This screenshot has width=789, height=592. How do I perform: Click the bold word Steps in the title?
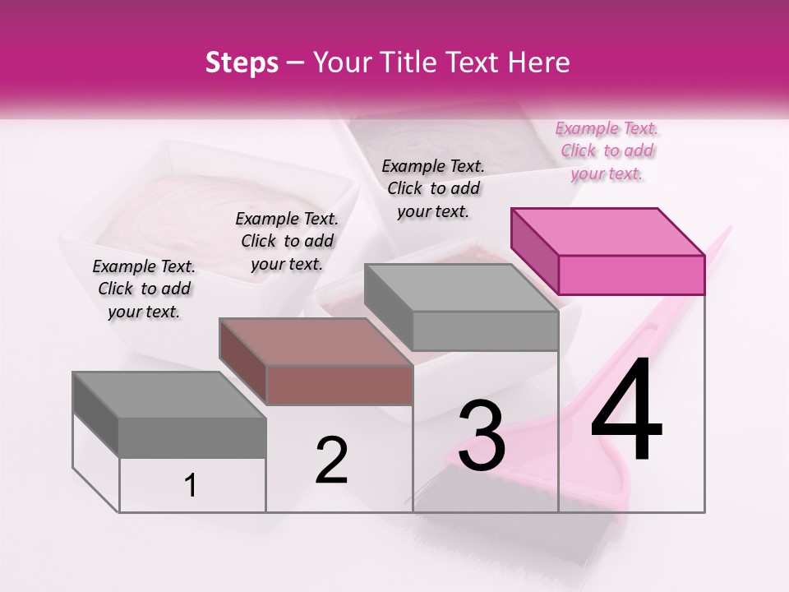242,62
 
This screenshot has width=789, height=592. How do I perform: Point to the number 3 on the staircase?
481,435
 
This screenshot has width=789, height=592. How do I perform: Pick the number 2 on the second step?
332,460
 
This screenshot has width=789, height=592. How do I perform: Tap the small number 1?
191,486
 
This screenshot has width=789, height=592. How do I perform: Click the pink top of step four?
608,231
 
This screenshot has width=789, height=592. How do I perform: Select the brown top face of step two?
316,341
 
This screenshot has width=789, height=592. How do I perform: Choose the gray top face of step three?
461,287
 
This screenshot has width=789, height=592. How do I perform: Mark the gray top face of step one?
169,395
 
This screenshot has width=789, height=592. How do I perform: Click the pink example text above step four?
607,150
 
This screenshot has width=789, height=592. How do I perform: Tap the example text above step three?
433,188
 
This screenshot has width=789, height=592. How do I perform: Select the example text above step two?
287,241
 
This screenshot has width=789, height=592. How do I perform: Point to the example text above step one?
144,289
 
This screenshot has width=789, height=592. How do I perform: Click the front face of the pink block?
631,275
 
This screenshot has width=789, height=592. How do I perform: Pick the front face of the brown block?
339,385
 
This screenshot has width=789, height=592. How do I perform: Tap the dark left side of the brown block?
243,361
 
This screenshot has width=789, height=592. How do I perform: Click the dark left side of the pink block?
535,251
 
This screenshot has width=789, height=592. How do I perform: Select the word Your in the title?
338,62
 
